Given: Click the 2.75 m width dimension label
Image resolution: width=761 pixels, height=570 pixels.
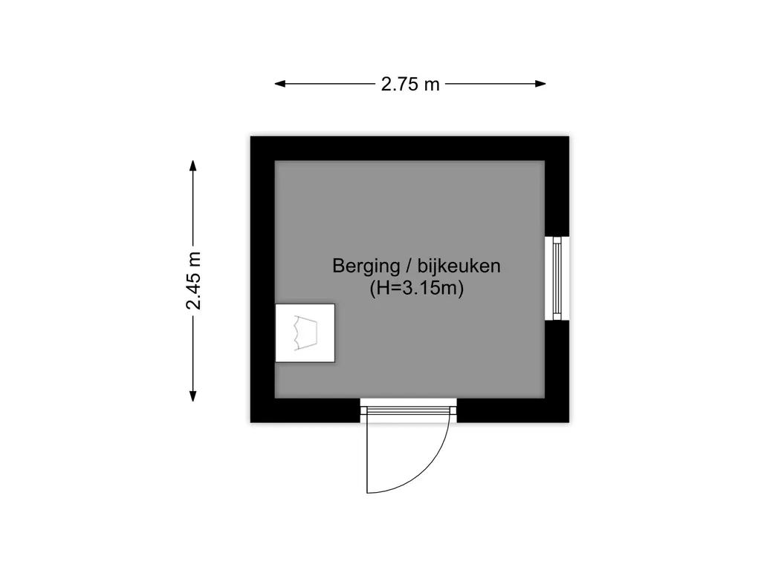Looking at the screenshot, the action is [x=410, y=85].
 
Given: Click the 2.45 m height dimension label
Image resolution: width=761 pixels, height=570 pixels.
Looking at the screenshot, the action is [x=194, y=281].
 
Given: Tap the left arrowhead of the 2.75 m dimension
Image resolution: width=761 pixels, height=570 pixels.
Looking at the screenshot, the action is [x=280, y=84].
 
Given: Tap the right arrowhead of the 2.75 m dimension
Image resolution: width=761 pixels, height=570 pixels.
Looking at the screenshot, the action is [x=541, y=84].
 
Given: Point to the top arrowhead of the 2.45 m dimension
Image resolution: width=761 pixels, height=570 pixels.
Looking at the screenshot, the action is [x=193, y=166].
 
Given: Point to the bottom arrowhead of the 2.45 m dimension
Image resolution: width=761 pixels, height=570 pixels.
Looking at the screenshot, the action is [x=193, y=396].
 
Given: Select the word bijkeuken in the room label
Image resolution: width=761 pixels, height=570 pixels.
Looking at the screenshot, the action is [x=459, y=266].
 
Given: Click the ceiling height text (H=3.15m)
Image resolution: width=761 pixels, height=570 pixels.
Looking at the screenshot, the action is [x=416, y=289].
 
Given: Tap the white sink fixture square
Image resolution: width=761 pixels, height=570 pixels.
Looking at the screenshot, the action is [x=305, y=333].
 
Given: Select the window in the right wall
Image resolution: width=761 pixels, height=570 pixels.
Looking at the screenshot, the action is [x=557, y=279].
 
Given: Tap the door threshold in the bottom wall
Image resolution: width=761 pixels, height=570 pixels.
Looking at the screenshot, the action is [x=408, y=410].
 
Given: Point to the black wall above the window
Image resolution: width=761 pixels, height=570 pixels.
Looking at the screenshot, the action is [x=557, y=198].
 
